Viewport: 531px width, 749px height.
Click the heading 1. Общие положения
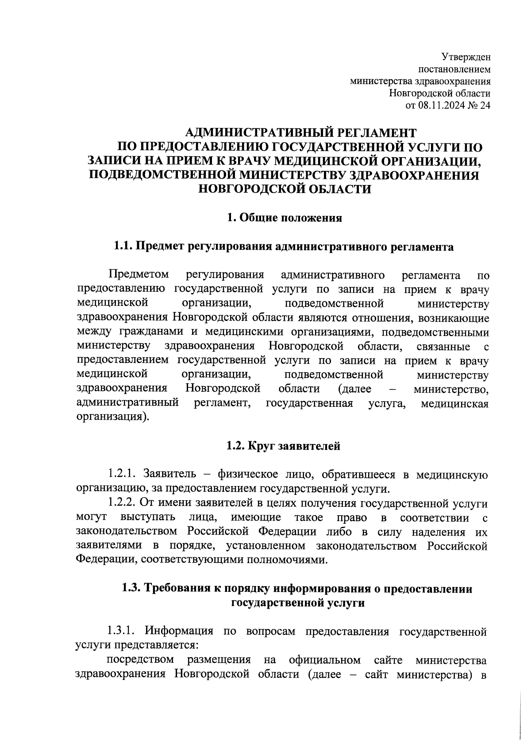tap(285, 218)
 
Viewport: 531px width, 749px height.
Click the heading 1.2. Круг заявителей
tap(283, 446)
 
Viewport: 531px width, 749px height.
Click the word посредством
tap(141, 660)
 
